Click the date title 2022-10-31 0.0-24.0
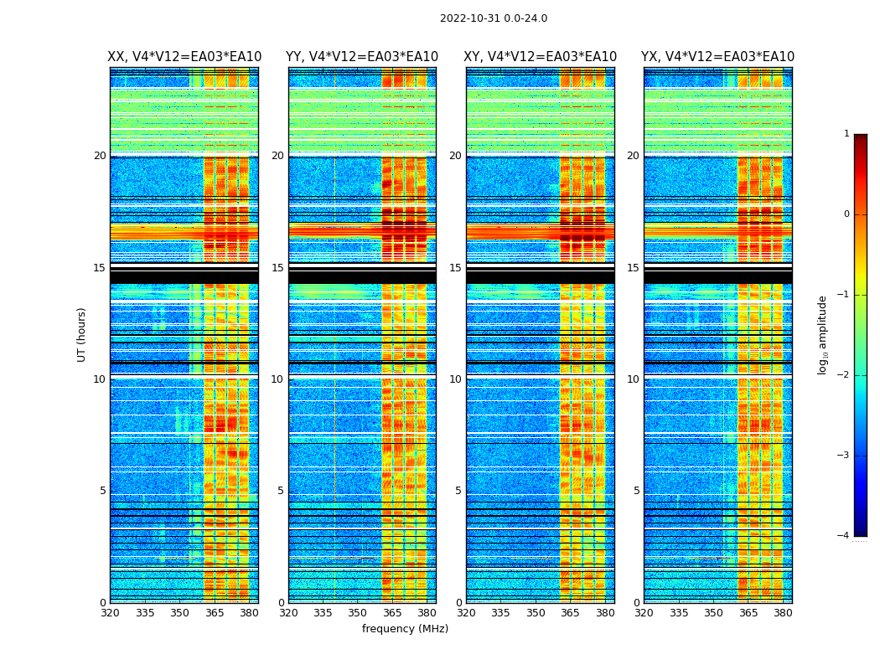pyautogui.click(x=494, y=18)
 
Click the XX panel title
pyautogui.click(x=184, y=57)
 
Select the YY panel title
pyautogui.click(x=362, y=57)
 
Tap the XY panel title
pyautogui.click(x=541, y=57)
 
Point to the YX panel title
pyautogui.click(x=717, y=57)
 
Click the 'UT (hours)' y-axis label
pyautogui.click(x=82, y=334)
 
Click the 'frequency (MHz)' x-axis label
pyautogui.click(x=405, y=629)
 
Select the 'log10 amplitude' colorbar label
pyautogui.click(x=823, y=334)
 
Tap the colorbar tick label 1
pyautogui.click(x=846, y=134)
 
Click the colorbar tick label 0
pyautogui.click(x=846, y=214)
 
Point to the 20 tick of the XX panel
pyautogui.click(x=100, y=156)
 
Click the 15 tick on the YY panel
pyautogui.click(x=277, y=268)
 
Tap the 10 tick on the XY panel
pyautogui.click(x=455, y=379)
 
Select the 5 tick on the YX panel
pyautogui.click(x=636, y=491)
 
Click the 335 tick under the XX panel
pyautogui.click(x=145, y=613)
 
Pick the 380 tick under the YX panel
pyautogui.click(x=783, y=613)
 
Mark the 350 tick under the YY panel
pyautogui.click(x=358, y=613)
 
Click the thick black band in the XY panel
pyautogui.click(x=541, y=276)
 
